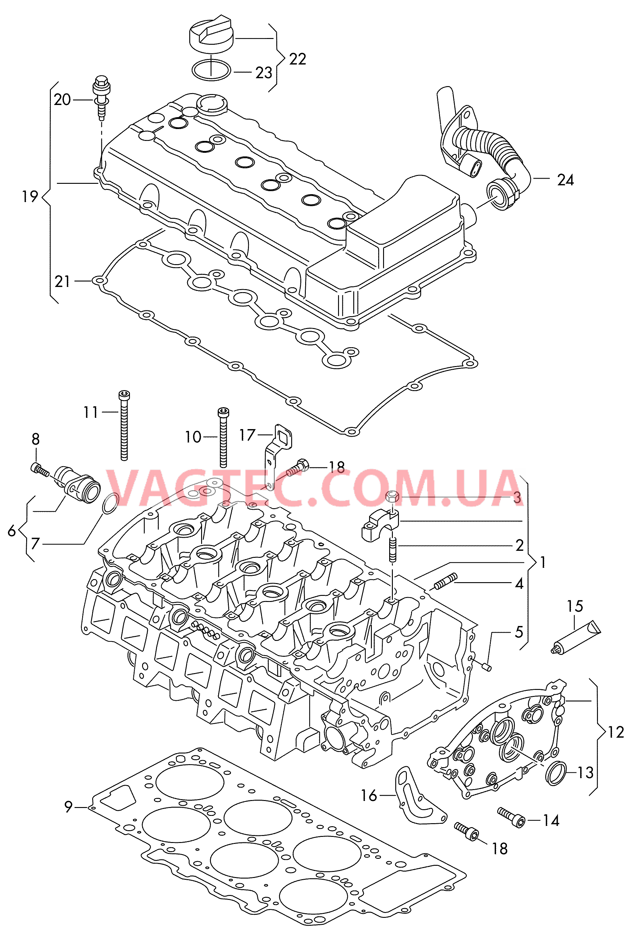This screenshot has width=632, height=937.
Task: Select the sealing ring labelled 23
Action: click(x=211, y=71)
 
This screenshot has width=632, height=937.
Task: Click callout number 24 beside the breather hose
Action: click(x=565, y=180)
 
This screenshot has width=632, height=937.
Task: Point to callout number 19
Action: click(x=30, y=197)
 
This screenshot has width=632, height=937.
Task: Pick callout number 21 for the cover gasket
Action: click(x=62, y=281)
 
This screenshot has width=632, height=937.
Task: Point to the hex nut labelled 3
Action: click(x=392, y=497)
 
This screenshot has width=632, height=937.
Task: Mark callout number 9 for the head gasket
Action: click(x=68, y=806)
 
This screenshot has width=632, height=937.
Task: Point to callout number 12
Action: click(x=616, y=732)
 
